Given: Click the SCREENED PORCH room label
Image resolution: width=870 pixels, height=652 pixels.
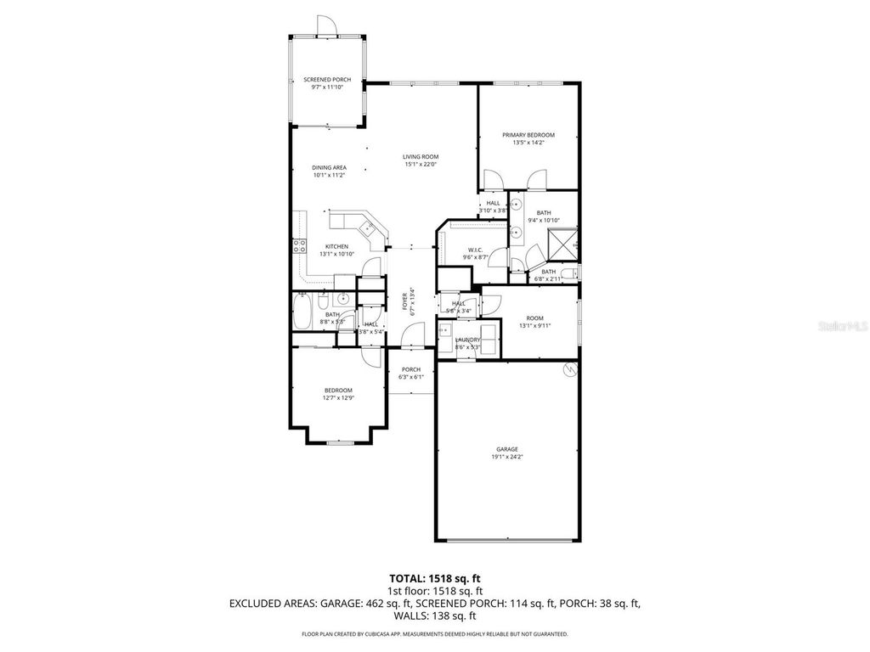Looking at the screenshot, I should [327, 80].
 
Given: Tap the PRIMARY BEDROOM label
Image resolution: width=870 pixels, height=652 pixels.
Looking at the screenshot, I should [528, 135].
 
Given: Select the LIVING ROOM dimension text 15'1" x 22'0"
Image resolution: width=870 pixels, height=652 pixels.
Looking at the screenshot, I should [420, 165].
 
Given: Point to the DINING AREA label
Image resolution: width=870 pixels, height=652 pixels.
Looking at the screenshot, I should [329, 167].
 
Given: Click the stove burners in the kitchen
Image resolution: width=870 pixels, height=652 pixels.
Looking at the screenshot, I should [299, 247].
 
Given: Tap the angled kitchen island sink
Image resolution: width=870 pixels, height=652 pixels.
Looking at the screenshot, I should [368, 227].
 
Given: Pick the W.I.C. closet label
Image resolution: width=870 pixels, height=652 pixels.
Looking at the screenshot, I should [473, 248].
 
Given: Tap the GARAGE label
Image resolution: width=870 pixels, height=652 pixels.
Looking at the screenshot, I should [507, 449].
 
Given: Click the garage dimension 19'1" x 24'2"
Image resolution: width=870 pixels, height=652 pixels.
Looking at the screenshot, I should [507, 458].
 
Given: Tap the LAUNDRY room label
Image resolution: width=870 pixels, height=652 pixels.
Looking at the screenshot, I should [467, 340].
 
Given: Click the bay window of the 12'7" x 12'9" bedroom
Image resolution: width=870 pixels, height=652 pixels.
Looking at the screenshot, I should [339, 442].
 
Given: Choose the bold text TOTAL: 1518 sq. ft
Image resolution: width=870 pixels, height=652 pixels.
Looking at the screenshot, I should [434, 579].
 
